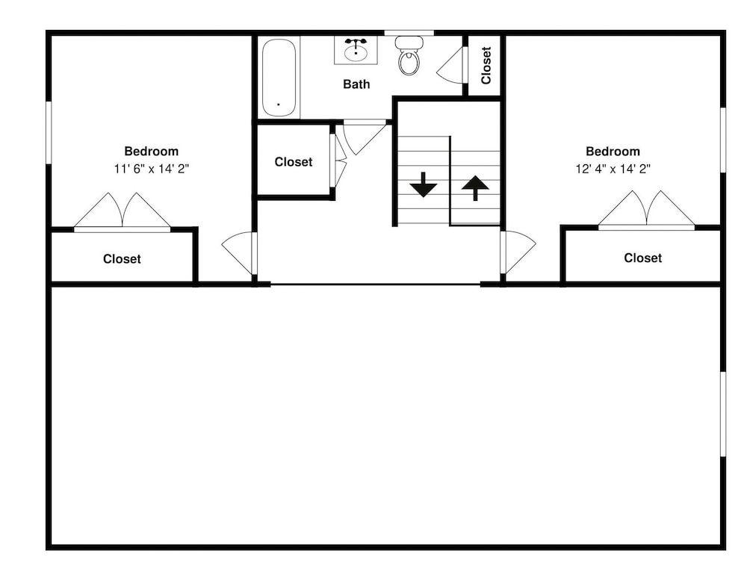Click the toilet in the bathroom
click(x=409, y=56)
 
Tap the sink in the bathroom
click(x=356, y=51)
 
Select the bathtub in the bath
click(x=279, y=78)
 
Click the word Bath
click(x=356, y=84)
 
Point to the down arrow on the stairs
click(x=423, y=185)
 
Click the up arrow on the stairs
click(x=475, y=188)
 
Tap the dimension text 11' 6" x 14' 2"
click(x=152, y=169)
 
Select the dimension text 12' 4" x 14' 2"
click(x=613, y=169)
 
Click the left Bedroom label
click(x=152, y=152)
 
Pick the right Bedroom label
click(x=613, y=152)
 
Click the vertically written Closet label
click(x=486, y=65)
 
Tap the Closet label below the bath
click(x=294, y=162)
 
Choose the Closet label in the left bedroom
click(x=122, y=258)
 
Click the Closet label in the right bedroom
click(x=642, y=258)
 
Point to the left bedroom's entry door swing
click(x=238, y=252)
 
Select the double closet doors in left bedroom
click(x=123, y=212)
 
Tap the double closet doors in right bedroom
click(x=646, y=210)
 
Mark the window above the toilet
click(x=409, y=33)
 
